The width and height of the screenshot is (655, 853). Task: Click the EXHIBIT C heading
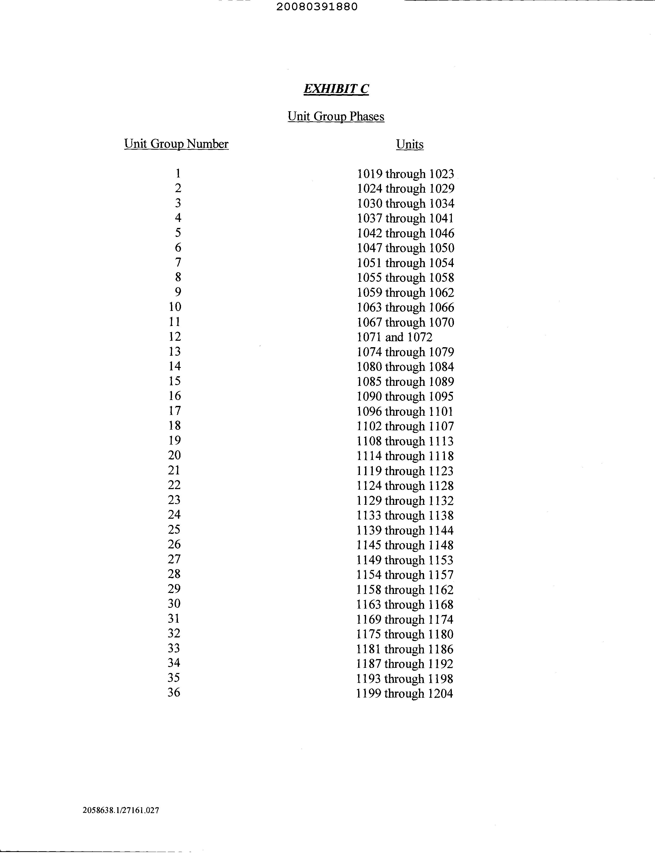click(336, 89)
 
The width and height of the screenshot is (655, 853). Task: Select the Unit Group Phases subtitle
click(336, 116)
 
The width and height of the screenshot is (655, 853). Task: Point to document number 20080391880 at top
click(317, 7)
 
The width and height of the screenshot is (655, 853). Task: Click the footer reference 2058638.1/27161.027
click(121, 810)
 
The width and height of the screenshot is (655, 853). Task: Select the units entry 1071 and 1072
click(394, 337)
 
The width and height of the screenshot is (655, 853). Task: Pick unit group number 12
click(175, 336)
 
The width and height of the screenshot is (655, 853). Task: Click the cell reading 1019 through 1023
click(406, 174)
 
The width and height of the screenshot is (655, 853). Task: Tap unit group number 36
click(174, 692)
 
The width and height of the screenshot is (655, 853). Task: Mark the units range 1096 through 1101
click(405, 412)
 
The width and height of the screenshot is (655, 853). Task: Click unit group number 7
click(178, 262)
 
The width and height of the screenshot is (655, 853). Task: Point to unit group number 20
click(174, 455)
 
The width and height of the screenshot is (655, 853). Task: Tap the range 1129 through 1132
click(405, 500)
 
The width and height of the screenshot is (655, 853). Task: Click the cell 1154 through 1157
click(405, 575)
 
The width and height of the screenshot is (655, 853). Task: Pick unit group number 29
click(174, 588)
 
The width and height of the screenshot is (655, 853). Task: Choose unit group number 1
click(178, 173)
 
